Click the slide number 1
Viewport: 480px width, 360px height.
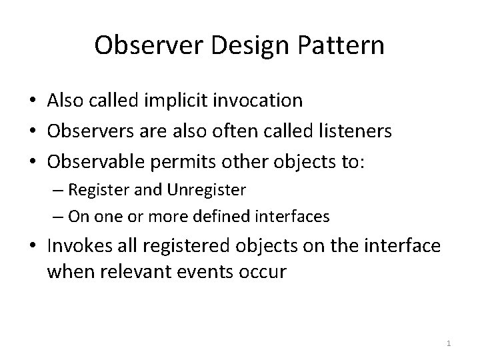click(x=449, y=343)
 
